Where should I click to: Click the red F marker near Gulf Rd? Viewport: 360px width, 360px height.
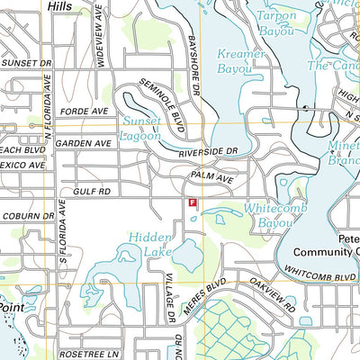[192, 203]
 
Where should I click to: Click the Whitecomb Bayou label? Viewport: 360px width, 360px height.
[269, 214]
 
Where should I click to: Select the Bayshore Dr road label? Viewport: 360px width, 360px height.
[198, 54]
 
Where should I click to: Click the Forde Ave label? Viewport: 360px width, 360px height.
[78, 112]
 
